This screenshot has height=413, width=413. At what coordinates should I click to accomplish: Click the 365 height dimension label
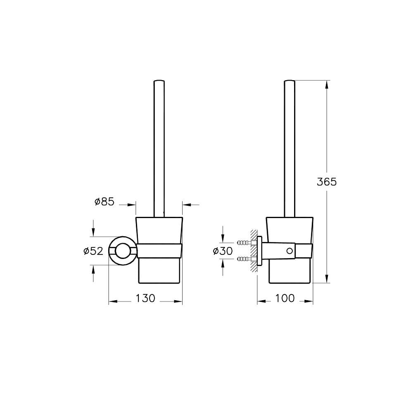[x=327, y=182]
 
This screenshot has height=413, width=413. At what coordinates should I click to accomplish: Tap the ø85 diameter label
[x=104, y=202]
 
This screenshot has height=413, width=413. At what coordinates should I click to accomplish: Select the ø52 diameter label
[x=93, y=251]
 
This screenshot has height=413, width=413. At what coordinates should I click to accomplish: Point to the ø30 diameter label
[x=223, y=251]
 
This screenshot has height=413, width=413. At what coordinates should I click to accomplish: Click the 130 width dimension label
[x=145, y=298]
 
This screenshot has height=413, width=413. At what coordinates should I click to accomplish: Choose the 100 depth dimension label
[x=285, y=298]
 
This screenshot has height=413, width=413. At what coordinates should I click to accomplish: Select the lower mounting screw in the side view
[x=244, y=259]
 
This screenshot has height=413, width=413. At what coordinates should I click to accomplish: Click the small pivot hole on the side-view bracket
[x=290, y=251]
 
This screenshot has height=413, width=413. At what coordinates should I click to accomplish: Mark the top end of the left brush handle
[x=159, y=81]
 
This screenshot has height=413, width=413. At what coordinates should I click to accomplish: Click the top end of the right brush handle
[x=290, y=81]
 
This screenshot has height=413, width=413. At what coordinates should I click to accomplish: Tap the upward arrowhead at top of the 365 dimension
[x=327, y=84]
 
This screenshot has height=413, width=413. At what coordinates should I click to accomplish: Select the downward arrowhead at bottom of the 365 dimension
[x=327, y=279]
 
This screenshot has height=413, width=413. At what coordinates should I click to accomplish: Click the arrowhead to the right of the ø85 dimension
[x=185, y=204]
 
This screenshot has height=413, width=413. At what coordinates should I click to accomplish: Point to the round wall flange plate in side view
[x=260, y=251]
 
